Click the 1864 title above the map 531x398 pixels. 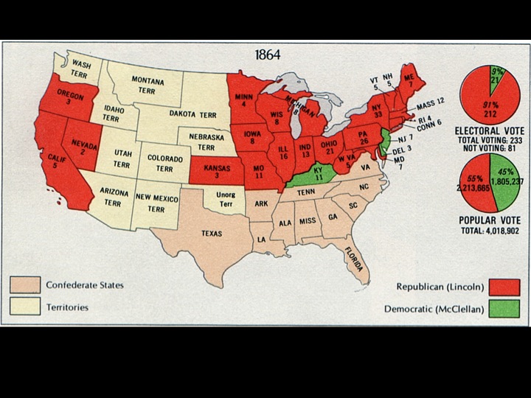pos(267,55)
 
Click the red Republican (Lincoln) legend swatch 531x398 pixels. pos(504,287)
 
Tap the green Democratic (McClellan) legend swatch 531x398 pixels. pos(504,308)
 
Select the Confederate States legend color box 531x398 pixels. pos(25,284)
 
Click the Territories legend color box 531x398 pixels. pos(25,306)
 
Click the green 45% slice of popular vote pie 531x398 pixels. pos(505,181)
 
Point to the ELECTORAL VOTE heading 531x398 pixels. pos(489,130)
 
